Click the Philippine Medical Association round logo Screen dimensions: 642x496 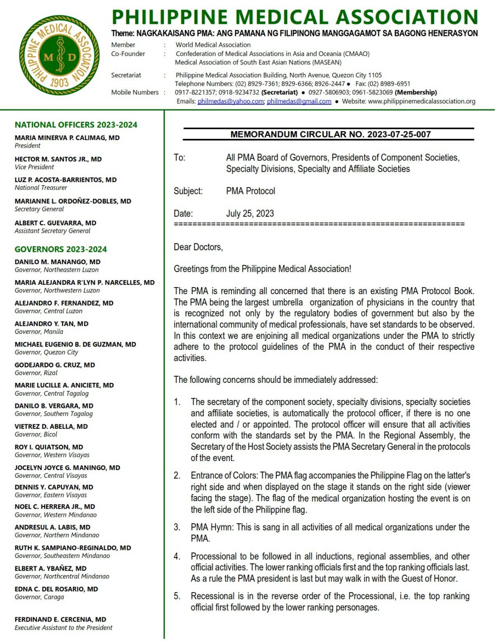point(59,55)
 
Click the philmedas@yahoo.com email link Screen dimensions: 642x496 point(230,101)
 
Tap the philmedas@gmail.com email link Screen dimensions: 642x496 point(299,101)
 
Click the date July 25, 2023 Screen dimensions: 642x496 point(250,213)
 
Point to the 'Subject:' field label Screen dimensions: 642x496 point(188,191)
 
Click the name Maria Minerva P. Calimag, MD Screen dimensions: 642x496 point(67,138)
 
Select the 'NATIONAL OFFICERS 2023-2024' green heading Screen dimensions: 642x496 point(76,125)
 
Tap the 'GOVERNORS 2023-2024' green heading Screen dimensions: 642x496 point(61,249)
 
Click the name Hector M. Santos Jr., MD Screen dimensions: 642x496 point(58,159)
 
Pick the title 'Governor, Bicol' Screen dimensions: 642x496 point(36,434)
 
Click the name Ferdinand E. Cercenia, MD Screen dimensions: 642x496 point(60,619)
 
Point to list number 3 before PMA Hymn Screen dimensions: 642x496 point(177,527)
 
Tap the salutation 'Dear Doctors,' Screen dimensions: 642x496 point(198,247)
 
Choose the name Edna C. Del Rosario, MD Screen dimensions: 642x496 point(56,588)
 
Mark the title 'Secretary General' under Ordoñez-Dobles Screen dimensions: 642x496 point(39,209)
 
